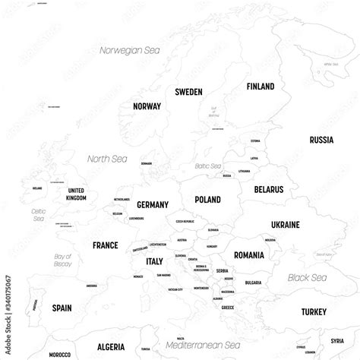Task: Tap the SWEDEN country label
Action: pyautogui.click(x=188, y=92)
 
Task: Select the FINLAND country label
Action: pyautogui.click(x=260, y=87)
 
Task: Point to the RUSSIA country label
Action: pyautogui.click(x=321, y=140)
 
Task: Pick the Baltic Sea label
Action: pyautogui.click(x=207, y=166)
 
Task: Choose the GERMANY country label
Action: pyautogui.click(x=152, y=205)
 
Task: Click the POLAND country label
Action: pyautogui.click(x=207, y=199)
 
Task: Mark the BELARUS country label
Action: pyautogui.click(x=269, y=188)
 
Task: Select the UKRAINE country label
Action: pyautogui.click(x=285, y=225)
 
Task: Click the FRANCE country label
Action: pyautogui.click(x=105, y=245)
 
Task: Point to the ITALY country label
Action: pyautogui.click(x=154, y=261)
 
